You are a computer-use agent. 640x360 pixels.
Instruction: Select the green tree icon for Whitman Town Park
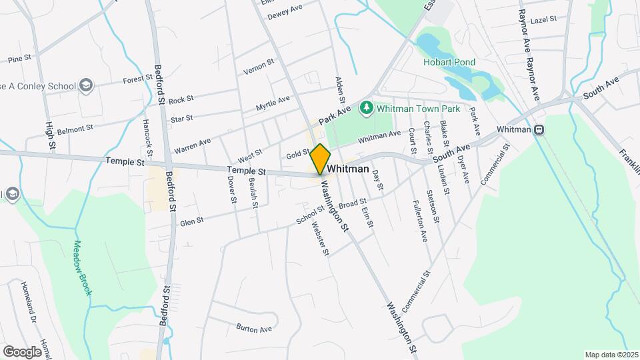(365, 107)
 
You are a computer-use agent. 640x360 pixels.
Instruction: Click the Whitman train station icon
(539, 129)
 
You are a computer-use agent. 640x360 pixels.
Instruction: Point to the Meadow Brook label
(81, 267)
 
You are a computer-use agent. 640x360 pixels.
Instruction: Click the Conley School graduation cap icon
(85, 85)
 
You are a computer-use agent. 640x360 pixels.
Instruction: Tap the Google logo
(22, 351)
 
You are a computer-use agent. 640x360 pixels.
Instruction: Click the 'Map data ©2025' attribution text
(611, 355)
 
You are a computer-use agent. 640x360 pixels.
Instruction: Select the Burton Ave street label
(254, 328)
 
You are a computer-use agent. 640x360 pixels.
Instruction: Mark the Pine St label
(19, 59)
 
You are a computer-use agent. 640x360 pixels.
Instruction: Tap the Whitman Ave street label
(379, 137)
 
